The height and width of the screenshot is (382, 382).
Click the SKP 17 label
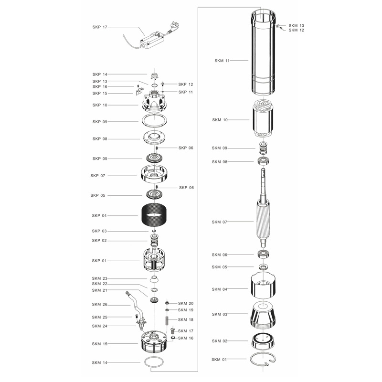tap(100, 27)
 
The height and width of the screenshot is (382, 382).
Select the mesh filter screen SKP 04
tap(154, 215)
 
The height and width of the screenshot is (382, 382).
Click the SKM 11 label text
tap(222, 61)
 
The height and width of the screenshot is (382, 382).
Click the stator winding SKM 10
tap(263, 119)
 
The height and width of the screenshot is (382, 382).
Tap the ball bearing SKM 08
tap(264, 161)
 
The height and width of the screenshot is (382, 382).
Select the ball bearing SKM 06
tap(264, 255)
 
